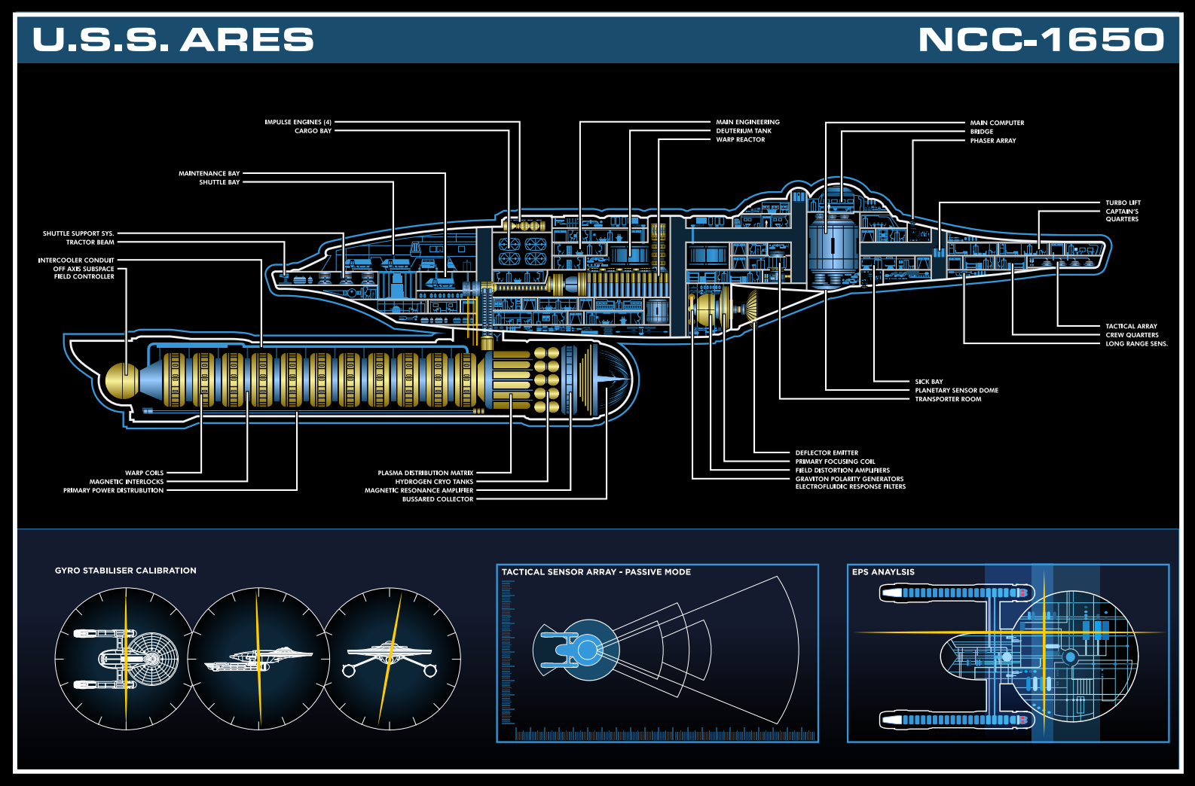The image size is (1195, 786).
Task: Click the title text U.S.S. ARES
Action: point(173,39)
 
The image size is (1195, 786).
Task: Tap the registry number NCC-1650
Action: point(1041,39)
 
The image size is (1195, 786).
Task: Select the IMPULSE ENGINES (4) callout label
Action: point(298,122)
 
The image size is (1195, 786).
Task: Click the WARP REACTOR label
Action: point(740,139)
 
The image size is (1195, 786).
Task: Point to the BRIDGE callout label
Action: point(981,132)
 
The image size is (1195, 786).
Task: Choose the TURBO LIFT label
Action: point(1123,203)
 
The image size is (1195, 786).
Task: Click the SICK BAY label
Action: point(928,382)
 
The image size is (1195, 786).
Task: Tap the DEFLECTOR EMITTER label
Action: point(827,453)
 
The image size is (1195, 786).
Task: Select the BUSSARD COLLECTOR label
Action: point(437,499)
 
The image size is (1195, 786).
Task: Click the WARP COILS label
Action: point(144,473)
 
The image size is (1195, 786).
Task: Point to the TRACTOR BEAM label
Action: point(90,242)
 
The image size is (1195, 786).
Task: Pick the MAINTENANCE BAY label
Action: point(209,173)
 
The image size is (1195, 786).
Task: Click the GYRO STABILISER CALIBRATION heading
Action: point(125,571)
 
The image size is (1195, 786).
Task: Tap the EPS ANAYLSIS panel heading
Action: point(882,572)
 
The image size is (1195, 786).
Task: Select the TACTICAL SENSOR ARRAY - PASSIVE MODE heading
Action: point(596,572)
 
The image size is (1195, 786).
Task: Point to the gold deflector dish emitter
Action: point(708,309)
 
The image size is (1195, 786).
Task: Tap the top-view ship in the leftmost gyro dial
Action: point(136,660)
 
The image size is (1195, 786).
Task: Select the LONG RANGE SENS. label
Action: point(1135,344)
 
